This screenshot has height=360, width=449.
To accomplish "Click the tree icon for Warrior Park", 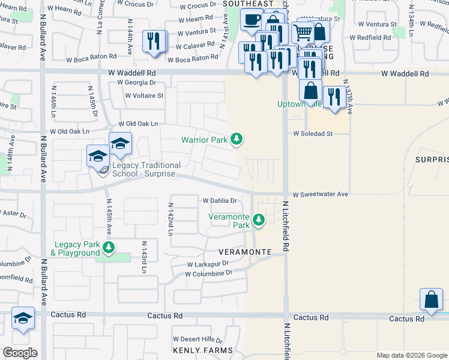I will pyautogui.click(x=237, y=139).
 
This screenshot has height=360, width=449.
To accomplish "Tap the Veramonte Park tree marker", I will pyautogui.click(x=259, y=220).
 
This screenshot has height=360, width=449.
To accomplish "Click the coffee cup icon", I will pyautogui.click(x=252, y=20).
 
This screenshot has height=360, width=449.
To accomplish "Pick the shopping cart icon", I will pyautogui.click(x=303, y=32).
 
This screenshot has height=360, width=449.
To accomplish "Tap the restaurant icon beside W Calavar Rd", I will pyautogui.click(x=154, y=41).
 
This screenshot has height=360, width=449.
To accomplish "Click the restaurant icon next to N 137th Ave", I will pyautogui.click(x=334, y=97).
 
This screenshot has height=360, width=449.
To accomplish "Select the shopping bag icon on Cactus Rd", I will pyautogui.click(x=432, y=299).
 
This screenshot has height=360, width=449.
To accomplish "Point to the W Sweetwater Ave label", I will pyautogui.click(x=321, y=194).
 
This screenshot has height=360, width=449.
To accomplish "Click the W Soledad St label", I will pyautogui.click(x=313, y=134).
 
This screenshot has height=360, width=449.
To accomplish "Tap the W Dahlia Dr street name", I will pyautogui.click(x=220, y=201).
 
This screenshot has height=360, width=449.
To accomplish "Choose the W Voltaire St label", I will pyautogui.click(x=144, y=95).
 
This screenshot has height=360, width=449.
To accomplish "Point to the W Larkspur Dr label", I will pyautogui.click(x=208, y=263).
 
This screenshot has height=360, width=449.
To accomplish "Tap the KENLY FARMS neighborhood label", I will pyautogui.click(x=202, y=350).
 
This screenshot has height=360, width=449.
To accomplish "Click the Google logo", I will pyautogui.click(x=20, y=353).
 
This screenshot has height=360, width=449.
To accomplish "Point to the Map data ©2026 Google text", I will pyautogui.click(x=411, y=355).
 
